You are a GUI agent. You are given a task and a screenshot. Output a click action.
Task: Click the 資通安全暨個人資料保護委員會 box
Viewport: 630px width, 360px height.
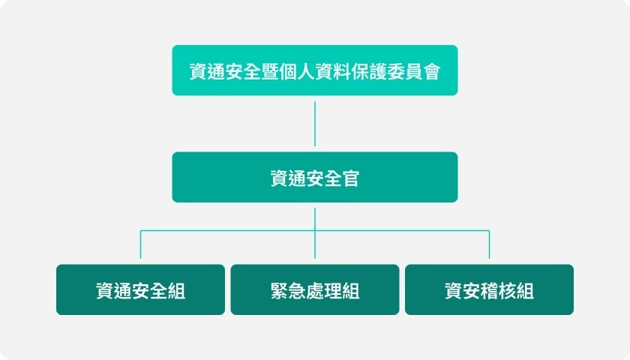coord(315,70)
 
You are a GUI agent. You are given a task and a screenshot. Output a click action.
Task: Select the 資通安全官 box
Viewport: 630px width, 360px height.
coord(315,177)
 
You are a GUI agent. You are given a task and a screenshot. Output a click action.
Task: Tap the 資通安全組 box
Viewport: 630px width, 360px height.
coord(141,289)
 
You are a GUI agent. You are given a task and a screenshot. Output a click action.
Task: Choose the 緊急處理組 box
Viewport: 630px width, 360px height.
coord(315,289)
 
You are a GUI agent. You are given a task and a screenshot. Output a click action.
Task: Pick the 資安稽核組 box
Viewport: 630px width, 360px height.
coord(489,289)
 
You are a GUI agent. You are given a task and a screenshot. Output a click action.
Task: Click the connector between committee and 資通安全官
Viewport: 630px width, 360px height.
coord(315,124)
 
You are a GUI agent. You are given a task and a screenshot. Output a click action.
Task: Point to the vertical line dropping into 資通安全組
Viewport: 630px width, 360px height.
coord(141,244)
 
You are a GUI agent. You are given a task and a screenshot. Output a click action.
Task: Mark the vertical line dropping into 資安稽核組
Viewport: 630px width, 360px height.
coord(489,244)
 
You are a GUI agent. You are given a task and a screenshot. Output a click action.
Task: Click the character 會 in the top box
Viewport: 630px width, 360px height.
coord(431,71)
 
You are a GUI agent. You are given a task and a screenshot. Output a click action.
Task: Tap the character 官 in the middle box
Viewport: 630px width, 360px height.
coord(351,178)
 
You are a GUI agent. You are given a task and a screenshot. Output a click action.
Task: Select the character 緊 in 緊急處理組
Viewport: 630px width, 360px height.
coord(279,291)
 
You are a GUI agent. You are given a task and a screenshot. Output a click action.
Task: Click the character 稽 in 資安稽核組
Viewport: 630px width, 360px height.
coord(489,291)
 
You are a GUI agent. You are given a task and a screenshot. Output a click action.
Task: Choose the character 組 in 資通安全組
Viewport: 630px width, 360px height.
coord(176,291)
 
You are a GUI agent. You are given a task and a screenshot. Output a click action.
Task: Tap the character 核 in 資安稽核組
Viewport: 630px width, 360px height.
coord(507,291)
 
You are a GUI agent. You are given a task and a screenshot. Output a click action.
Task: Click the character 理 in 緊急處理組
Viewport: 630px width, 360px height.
coord(333,291)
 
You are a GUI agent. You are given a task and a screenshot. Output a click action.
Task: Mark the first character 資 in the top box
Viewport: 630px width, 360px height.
coord(198,71)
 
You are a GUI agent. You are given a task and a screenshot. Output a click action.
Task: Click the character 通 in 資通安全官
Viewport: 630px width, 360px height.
coord(297,178)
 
